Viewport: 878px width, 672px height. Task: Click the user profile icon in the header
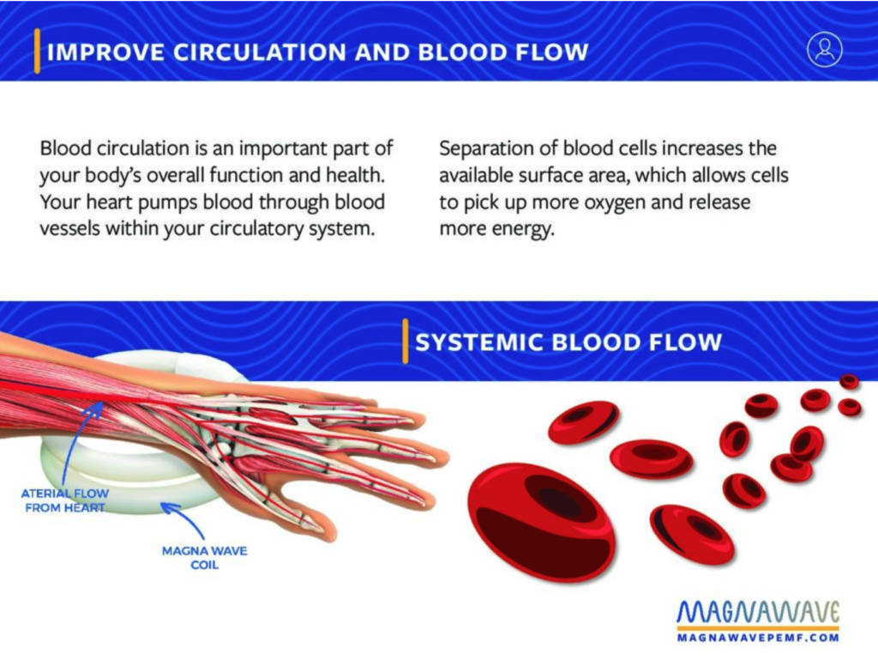[x=824, y=50]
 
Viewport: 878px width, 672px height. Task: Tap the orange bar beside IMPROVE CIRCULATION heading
[x=37, y=51]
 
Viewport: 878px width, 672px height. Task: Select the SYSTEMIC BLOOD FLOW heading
[x=568, y=342]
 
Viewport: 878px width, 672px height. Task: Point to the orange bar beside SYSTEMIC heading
[x=406, y=342]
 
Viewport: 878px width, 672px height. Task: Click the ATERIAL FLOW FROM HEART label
[x=65, y=500]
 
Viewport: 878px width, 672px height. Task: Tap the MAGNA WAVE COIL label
[x=204, y=558]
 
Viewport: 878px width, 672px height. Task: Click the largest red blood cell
[x=541, y=522]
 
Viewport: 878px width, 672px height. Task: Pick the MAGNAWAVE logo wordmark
[x=758, y=612]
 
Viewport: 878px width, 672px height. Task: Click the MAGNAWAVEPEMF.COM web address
[x=758, y=638]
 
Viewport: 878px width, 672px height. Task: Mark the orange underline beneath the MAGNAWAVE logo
[x=758, y=629]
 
